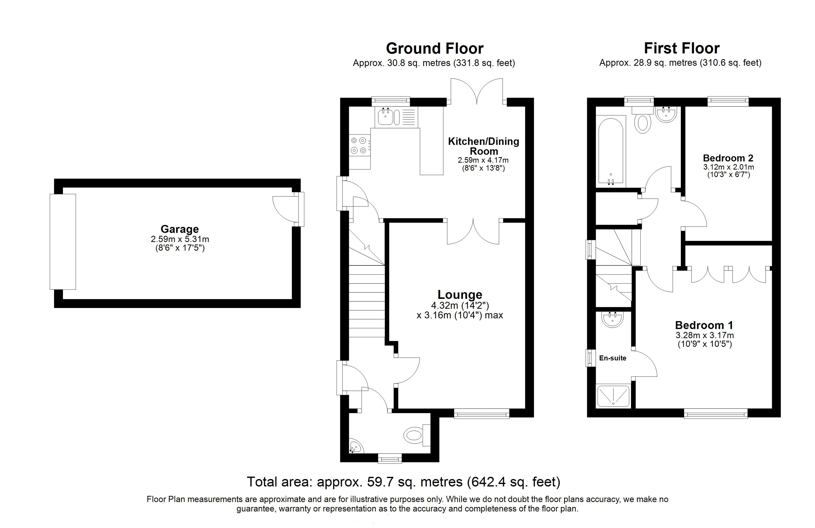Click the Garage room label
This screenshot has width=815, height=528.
pos(180,229)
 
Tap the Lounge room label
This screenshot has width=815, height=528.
pos(460,294)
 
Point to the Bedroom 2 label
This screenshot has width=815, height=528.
pos(728,158)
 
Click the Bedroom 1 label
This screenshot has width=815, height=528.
pos(704,325)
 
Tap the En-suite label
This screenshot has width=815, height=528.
pos(613,358)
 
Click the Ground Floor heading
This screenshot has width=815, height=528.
pos(435,48)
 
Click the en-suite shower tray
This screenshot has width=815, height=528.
pos(613,396)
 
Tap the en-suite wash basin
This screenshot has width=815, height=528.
pos(612,319)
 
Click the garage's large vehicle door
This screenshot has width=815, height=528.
pos(63,242)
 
